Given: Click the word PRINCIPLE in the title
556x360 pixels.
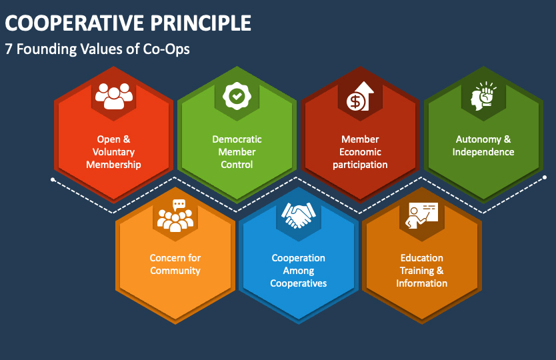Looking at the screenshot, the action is click(201, 23).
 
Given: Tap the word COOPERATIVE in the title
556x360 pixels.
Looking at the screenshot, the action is click(75, 23).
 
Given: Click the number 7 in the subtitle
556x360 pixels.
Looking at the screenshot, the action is click(9, 49).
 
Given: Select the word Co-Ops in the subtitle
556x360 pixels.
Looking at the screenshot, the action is click(166, 49).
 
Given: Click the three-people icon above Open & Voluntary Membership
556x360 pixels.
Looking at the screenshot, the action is click(114, 96).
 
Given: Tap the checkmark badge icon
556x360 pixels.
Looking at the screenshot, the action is click(237, 96).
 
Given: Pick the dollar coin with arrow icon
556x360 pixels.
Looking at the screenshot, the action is click(360, 96).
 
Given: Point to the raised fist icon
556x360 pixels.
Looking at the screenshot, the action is click(483, 95).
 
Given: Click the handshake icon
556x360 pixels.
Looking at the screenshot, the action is click(298, 215).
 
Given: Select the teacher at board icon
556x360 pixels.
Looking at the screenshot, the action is click(421, 215).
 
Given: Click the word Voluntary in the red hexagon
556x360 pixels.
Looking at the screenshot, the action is click(113, 152).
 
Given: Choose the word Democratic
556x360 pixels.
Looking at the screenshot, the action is click(237, 139).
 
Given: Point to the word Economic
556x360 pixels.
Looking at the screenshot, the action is click(360, 152).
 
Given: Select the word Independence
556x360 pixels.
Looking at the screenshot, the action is click(483, 152).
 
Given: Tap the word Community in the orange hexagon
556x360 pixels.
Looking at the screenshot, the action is click(175, 271).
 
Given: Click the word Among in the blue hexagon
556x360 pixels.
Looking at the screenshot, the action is click(298, 271).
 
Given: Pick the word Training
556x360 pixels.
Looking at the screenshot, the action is click(417, 271).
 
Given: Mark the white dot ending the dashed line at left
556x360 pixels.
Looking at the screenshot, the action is click(53, 180).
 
